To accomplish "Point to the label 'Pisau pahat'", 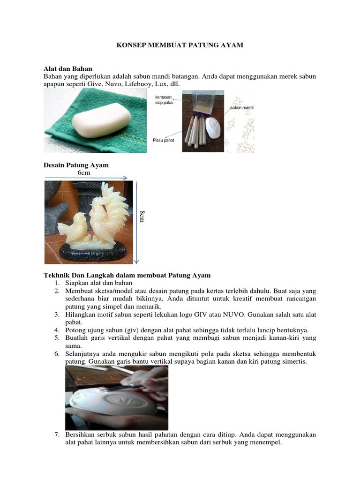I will tap(164, 140).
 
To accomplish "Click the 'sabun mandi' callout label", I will tap(242, 108).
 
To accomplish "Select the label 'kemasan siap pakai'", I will tap(164, 100).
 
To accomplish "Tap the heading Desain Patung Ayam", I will tap(76, 165).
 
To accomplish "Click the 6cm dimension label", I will tap(84, 172).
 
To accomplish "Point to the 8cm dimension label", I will tap(142, 217).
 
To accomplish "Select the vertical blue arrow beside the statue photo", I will tap(135, 223).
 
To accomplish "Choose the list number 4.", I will tap(56, 330).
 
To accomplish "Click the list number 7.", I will tap(56, 434).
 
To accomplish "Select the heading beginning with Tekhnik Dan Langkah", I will tap(127, 275).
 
